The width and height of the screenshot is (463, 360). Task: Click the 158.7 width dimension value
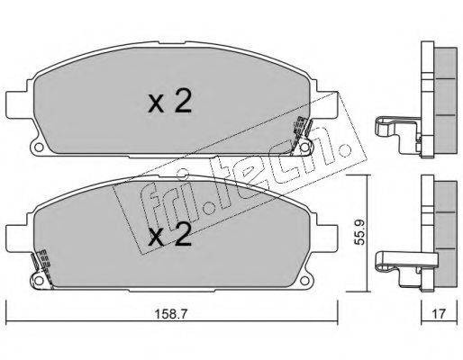pos(171,314)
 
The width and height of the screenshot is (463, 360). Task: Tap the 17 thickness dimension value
pos(439,314)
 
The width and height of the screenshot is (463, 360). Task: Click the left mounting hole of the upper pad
pos(38,148)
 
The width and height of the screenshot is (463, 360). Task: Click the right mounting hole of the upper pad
pos(304,148)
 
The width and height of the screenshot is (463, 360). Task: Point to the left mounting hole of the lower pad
pos(38,281)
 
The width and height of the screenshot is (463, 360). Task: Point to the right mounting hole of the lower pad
pos(304,281)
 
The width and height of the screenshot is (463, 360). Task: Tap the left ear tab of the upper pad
pos(17,104)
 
